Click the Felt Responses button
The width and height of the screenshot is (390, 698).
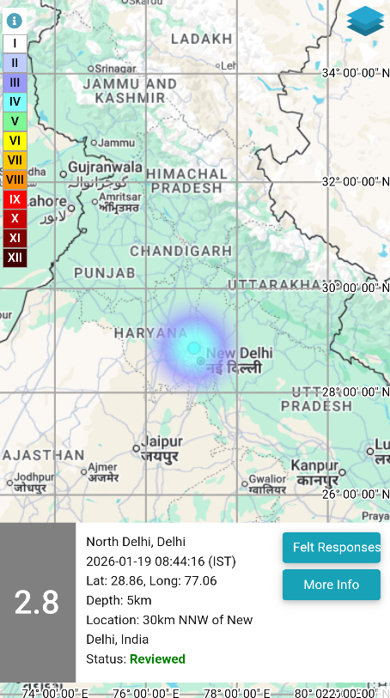click(x=331, y=548)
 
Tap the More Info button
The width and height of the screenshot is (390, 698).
click(x=331, y=585)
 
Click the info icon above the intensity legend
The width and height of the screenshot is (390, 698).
click(x=14, y=21)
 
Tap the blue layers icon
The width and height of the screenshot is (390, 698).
click(x=366, y=21)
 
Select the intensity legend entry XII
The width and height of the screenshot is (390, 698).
click(x=15, y=258)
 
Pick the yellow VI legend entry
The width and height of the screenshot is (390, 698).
click(x=15, y=140)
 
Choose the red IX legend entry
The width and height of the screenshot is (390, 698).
click(x=15, y=199)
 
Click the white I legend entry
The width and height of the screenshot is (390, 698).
click(x=15, y=43)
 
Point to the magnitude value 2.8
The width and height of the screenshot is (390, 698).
click(x=37, y=603)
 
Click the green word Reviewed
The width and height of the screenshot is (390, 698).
click(x=157, y=659)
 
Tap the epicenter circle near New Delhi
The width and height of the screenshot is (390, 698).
click(x=194, y=348)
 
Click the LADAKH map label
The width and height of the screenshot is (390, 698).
click(x=202, y=39)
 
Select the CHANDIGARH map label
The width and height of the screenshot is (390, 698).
click(x=180, y=251)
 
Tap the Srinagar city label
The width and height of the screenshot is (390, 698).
click(x=115, y=68)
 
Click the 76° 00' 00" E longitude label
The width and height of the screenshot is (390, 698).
click(x=143, y=692)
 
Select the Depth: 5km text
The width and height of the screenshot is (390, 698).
click(x=119, y=600)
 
